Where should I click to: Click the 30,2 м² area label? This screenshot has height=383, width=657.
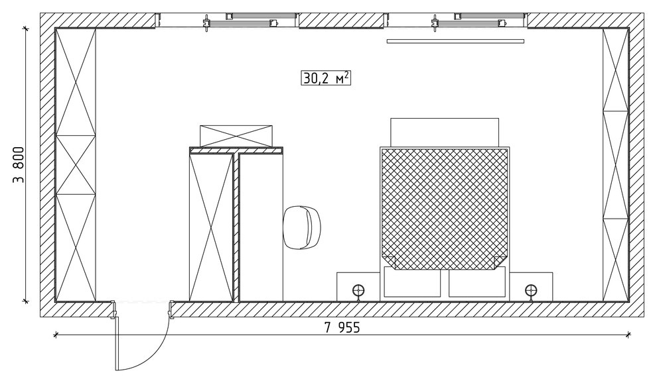326,78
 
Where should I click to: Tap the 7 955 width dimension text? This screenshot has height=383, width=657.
342,327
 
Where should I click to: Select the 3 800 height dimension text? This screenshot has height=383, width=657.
19,165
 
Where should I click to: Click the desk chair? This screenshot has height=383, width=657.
302,228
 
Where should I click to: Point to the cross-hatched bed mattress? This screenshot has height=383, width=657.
445,209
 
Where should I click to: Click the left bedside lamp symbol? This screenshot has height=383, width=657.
358,291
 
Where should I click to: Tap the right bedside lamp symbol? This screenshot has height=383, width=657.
531,291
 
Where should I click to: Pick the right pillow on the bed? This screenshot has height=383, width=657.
477,283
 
